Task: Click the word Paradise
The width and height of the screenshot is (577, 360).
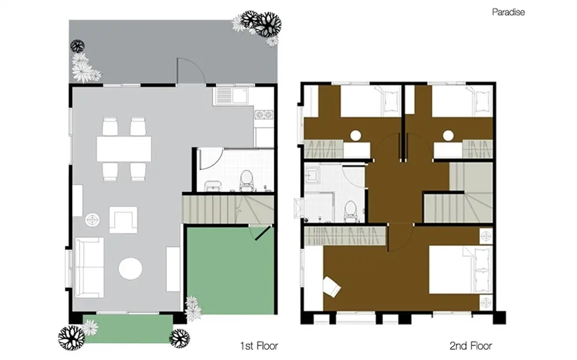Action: [x=508, y=12]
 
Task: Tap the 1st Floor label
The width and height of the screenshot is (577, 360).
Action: [x=259, y=346]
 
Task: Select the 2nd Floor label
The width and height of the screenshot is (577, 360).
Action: [x=471, y=346]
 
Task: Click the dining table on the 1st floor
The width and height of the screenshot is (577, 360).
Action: [x=123, y=149]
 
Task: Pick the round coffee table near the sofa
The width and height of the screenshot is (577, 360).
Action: [x=130, y=269]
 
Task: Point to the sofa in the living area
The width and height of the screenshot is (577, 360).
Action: [x=89, y=267]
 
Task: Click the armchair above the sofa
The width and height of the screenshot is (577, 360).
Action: [x=123, y=220]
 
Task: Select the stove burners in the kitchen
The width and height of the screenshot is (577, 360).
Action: [x=264, y=114]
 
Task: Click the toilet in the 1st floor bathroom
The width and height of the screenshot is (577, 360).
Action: [x=246, y=180]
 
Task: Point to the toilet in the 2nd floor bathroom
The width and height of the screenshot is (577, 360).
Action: [x=350, y=211]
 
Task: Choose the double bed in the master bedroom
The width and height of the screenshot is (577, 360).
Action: [x=460, y=270]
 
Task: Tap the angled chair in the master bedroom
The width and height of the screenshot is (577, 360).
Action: [x=332, y=287]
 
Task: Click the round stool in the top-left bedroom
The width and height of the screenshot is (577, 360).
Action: [x=355, y=136]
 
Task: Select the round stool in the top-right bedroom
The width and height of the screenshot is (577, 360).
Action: [x=448, y=136]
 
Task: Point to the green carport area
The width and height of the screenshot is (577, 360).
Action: [x=231, y=271]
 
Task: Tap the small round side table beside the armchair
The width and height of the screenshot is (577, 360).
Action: [x=92, y=220]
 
